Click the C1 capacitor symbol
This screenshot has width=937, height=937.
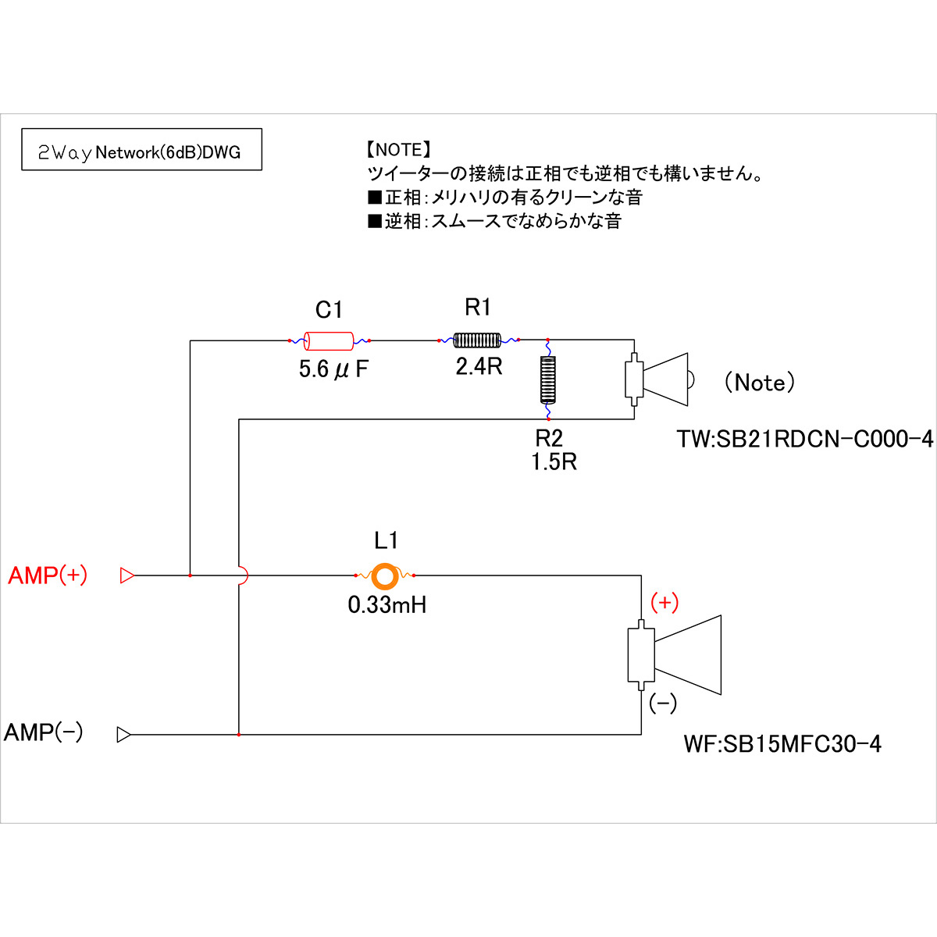[329, 340]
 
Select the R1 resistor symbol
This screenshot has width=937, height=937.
[477, 340]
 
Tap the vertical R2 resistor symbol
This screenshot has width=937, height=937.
[548, 379]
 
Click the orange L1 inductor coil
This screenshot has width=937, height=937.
[384, 575]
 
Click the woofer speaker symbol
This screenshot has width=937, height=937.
[675, 654]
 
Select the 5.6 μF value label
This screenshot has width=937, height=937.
[333, 369]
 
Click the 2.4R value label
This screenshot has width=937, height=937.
[479, 366]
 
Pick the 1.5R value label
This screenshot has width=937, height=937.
[554, 462]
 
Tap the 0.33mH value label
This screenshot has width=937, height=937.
[387, 605]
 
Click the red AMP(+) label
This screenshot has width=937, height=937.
[48, 576]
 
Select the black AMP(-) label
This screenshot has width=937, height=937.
[44, 733]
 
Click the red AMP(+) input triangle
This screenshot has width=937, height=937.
[126, 576]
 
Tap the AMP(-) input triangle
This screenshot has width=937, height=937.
[123, 735]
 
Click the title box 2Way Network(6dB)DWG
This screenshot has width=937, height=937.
[141, 150]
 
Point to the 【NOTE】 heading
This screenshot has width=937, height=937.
[398, 150]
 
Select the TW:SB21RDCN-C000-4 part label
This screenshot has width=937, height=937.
[804, 440]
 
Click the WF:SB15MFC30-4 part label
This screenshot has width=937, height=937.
[782, 744]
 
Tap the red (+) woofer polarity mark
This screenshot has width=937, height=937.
[664, 602]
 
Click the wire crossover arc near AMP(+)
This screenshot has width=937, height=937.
[243, 575]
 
